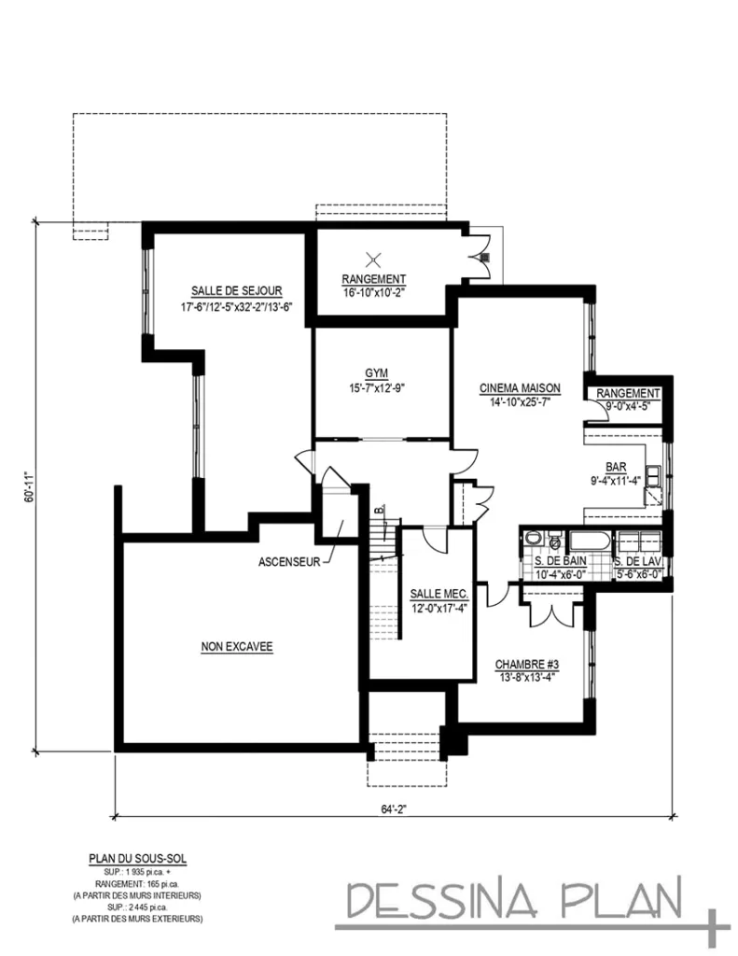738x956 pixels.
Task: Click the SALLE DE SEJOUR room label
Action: (237, 290)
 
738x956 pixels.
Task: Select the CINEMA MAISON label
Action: (520, 388)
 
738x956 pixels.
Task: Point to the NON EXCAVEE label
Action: (237, 646)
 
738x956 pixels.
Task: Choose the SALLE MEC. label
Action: (438, 595)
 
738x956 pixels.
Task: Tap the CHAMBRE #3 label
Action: (526, 665)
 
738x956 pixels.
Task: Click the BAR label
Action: (616, 468)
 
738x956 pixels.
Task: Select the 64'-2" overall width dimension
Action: (395, 810)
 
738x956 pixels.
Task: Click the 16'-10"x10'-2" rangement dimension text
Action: (373, 291)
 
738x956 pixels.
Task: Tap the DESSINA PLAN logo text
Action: (515, 901)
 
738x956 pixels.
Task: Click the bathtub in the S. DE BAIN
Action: (587, 541)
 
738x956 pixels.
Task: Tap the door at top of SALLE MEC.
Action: (433, 539)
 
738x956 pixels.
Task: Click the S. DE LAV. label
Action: (639, 561)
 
